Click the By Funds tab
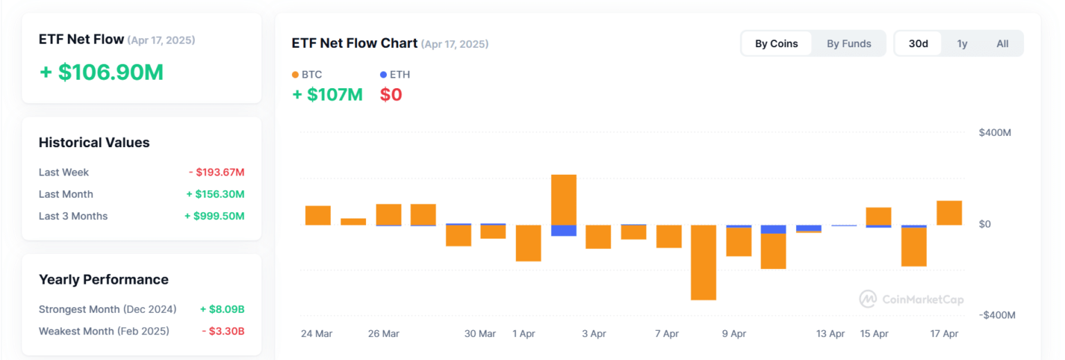pyautogui.click(x=849, y=44)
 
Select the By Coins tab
pyautogui.click(x=777, y=44)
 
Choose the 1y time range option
pyautogui.click(x=962, y=44)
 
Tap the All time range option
pyautogui.click(x=1003, y=44)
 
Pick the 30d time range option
pyautogui.click(x=919, y=44)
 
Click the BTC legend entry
pyautogui.click(x=306, y=74)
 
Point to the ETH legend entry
pyautogui.click(x=395, y=74)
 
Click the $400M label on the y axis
pyautogui.click(x=995, y=132)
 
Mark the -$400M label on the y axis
pyautogui.click(x=997, y=315)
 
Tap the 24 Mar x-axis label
pyautogui.click(x=316, y=334)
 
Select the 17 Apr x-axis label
pyautogui.click(x=944, y=334)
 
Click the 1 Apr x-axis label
pyautogui.click(x=523, y=334)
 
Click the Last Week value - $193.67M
pyautogui.click(x=216, y=172)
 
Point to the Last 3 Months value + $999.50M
pyautogui.click(x=214, y=216)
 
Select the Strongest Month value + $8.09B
pyautogui.click(x=222, y=309)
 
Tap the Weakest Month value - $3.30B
pyautogui.click(x=223, y=331)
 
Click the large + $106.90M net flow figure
pyautogui.click(x=101, y=72)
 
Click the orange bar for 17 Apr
pyautogui.click(x=949, y=213)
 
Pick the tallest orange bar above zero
pyautogui.click(x=564, y=200)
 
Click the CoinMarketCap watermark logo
pyautogui.click(x=911, y=299)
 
